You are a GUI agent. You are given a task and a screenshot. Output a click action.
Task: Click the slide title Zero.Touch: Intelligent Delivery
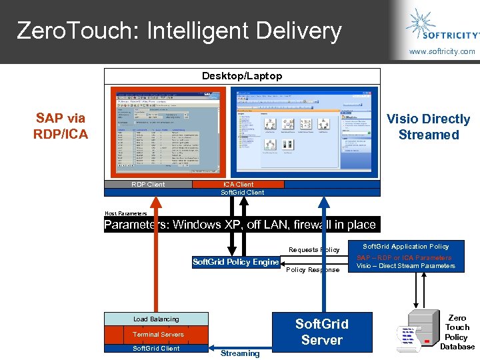tap(179, 31)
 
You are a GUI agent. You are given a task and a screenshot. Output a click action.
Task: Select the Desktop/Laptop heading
tap(242, 76)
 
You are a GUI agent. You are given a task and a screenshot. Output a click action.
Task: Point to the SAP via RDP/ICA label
tap(61, 126)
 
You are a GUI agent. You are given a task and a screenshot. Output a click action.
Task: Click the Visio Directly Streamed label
tap(429, 127)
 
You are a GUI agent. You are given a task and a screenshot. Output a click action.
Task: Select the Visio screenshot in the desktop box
tap(303, 131)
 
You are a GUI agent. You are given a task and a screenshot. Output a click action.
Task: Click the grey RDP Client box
tap(148, 185)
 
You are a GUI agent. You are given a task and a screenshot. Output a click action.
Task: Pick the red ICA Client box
tap(238, 185)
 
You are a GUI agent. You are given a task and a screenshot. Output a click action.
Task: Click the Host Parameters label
tap(125, 213)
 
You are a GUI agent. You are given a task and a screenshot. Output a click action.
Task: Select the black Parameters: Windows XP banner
tap(241, 225)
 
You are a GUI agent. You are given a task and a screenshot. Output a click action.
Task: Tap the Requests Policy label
tap(314, 250)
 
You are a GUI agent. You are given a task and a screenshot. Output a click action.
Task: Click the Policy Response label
tap(313, 270)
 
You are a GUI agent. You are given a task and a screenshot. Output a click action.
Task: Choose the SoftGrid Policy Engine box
tap(235, 262)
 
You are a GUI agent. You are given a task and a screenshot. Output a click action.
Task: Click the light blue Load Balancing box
tap(156, 319)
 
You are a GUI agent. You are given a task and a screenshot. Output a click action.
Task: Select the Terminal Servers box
tap(157, 334)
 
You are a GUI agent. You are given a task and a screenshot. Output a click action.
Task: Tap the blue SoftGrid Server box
tap(321, 332)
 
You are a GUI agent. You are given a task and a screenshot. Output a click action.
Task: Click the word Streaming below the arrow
tap(240, 353)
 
